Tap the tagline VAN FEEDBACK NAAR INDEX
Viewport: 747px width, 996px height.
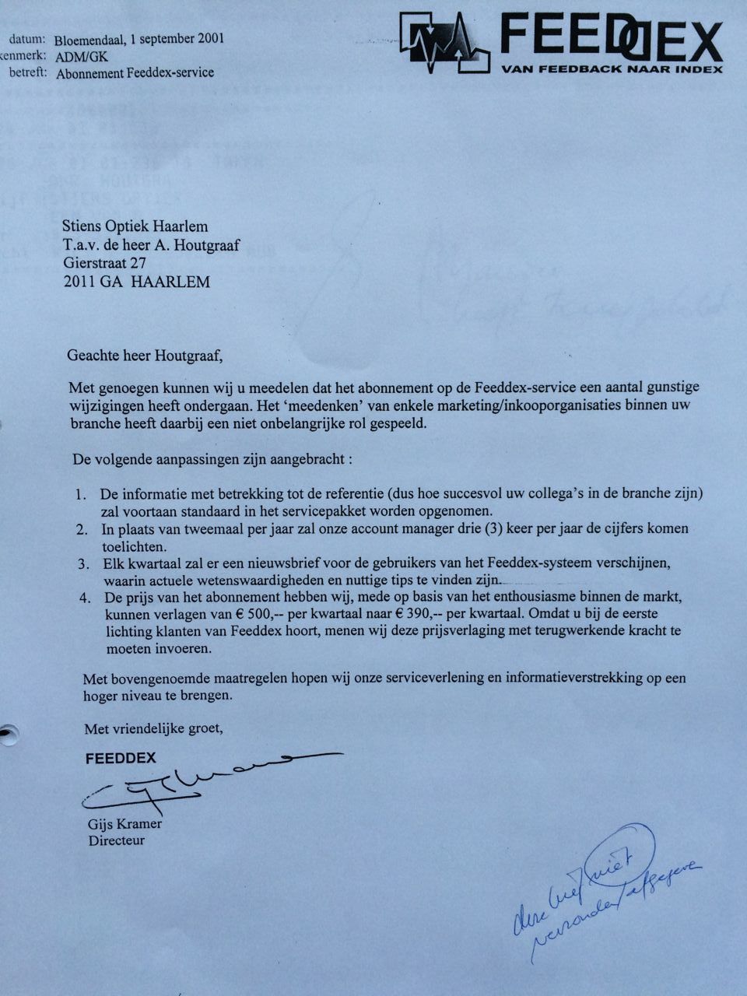coord(612,69)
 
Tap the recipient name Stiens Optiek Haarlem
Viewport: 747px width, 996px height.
coord(135,226)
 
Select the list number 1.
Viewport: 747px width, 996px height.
coord(81,495)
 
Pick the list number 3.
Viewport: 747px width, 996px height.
coord(83,563)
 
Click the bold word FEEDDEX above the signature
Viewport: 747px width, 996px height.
coord(121,758)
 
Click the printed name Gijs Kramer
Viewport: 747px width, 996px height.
coord(125,824)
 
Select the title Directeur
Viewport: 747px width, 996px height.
coord(117,840)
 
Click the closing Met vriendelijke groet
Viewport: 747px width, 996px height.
coord(153,729)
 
